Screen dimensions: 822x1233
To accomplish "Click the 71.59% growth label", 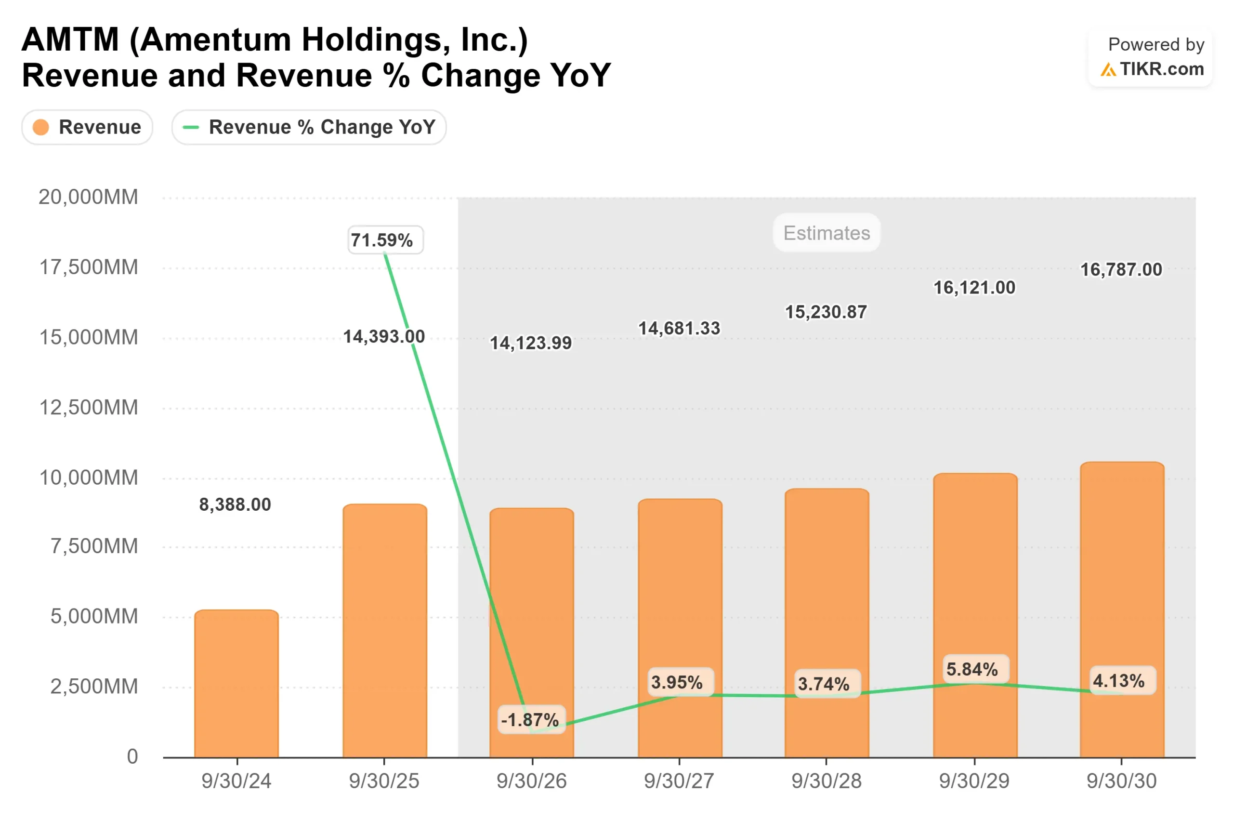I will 385,240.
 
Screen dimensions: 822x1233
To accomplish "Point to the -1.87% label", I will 531,720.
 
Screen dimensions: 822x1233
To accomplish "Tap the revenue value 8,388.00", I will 235,504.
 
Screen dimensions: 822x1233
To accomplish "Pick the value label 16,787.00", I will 1121,269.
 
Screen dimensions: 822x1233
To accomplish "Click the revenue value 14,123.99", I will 530,343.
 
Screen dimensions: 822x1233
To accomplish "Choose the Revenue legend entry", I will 87,127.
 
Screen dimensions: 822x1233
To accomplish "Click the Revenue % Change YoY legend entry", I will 309,127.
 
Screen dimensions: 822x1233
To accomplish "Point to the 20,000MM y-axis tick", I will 88,197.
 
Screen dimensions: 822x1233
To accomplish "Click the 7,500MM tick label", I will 94,546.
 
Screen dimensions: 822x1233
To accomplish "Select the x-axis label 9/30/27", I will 679,781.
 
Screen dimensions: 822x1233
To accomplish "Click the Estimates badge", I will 826,233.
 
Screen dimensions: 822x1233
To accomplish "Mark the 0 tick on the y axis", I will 132,756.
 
